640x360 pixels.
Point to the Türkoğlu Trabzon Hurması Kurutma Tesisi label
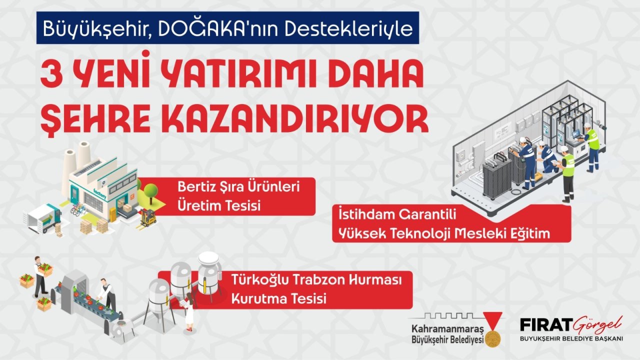285,289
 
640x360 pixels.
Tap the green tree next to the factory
150,191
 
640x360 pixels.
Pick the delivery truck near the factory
42,218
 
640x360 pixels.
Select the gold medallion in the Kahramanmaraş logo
491,338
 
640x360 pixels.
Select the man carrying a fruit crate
41,275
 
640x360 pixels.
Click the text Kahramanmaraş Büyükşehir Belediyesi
445,334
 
